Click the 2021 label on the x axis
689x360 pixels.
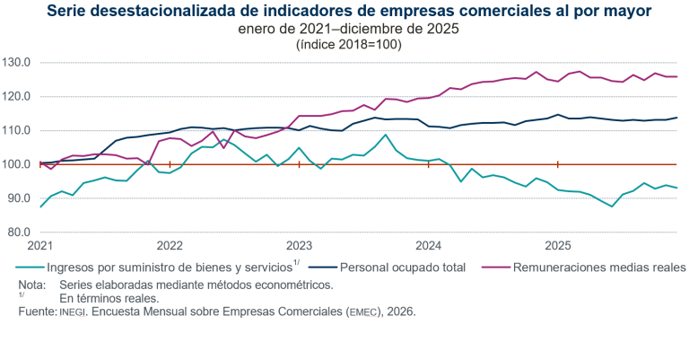coord(41,245)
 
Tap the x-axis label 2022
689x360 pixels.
coord(170,245)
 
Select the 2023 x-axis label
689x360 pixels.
coord(299,245)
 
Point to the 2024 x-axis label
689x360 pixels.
coord(429,245)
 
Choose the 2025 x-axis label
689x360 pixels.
coord(558,245)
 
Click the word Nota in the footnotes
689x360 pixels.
coord(31,285)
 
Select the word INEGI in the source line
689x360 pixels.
coord(74,312)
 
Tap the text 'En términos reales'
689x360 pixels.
coord(109,298)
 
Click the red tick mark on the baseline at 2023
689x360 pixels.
coord(299,164)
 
